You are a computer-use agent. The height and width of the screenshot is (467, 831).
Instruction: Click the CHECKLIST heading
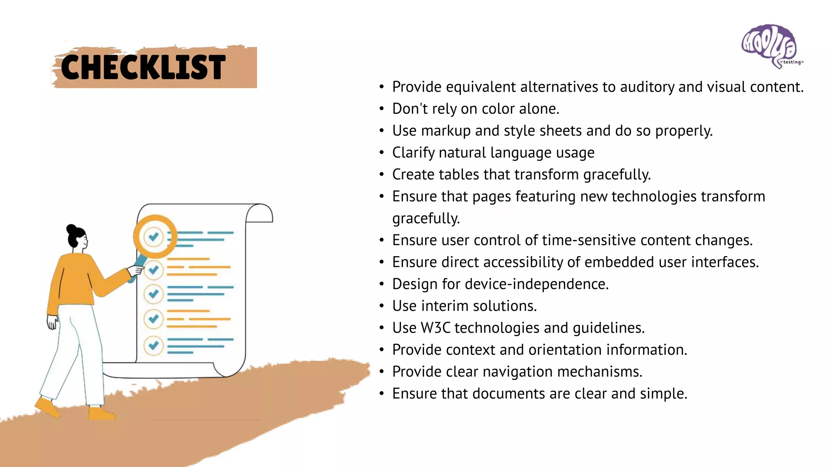pos(143,67)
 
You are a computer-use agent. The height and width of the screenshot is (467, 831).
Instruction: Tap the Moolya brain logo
pos(769,45)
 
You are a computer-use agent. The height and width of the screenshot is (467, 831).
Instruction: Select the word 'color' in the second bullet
pos(498,109)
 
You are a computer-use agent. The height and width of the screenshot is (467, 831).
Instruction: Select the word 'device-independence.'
pos(537,284)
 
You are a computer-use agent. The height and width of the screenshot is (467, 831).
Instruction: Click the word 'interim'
pos(446,306)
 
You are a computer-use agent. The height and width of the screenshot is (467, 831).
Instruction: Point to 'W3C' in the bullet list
pos(435,328)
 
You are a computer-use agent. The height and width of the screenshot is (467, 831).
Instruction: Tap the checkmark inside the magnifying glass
pos(153,236)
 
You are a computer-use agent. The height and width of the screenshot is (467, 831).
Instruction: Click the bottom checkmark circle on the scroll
pos(153,345)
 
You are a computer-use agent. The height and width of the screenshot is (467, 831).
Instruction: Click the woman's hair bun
pos(71,229)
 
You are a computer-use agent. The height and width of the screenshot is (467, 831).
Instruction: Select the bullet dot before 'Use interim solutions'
pos(381,306)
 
